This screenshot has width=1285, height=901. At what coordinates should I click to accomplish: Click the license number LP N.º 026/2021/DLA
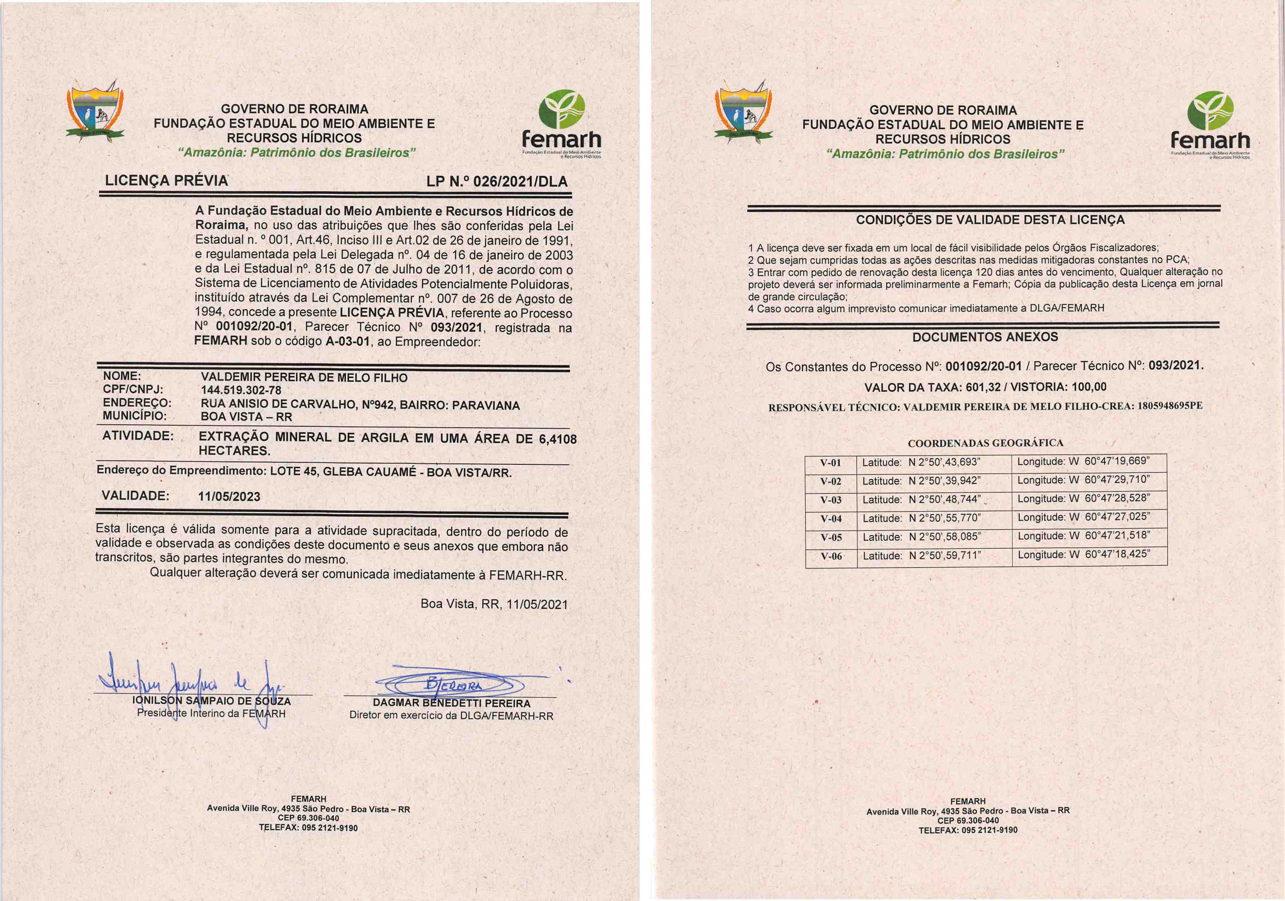point(497,181)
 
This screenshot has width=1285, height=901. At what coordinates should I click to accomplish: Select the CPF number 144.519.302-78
point(241,390)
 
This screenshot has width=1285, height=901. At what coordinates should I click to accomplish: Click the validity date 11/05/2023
point(229,496)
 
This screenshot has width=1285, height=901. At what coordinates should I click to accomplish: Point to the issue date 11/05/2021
point(537,604)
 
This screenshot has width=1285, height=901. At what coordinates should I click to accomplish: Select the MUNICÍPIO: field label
point(135,416)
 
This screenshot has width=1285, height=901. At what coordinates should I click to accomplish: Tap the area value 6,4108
point(557,439)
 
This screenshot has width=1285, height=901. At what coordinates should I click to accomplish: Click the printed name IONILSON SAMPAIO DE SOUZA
point(211,701)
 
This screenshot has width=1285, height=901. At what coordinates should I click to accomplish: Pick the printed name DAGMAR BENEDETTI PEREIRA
point(451,703)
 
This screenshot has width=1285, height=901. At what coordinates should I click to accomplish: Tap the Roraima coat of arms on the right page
point(743,115)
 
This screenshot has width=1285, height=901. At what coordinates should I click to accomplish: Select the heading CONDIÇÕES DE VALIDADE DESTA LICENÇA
point(990,220)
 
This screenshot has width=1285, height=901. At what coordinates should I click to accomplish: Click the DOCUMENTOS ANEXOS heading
point(985,337)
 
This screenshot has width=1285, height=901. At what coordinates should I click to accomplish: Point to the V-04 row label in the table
point(831,519)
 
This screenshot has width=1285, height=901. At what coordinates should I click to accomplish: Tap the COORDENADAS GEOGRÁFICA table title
point(985,443)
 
